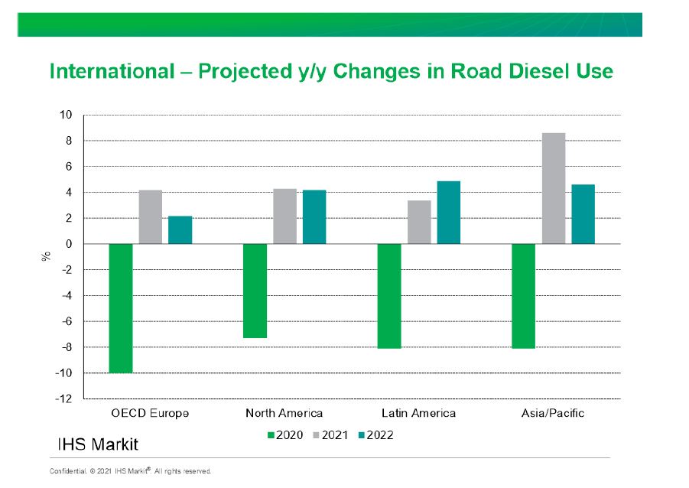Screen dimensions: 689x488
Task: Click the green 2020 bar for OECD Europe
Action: tap(121, 308)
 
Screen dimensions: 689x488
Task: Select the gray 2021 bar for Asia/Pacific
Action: tap(554, 189)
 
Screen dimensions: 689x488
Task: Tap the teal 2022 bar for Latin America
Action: tap(449, 213)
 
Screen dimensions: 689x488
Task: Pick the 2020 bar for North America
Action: tap(255, 291)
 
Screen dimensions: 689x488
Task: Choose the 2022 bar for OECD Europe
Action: tap(180, 230)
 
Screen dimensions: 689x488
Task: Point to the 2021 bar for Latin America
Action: tap(420, 223)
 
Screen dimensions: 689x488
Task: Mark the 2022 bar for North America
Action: tap(314, 217)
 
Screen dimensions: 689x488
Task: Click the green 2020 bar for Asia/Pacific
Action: tap(524, 296)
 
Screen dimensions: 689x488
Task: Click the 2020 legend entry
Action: tap(286, 435)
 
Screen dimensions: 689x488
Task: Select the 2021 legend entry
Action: tap(330, 435)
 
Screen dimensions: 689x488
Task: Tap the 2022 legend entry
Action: tap(375, 435)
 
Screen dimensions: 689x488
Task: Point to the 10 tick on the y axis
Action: tap(66, 115)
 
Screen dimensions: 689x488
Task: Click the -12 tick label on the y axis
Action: tap(63, 399)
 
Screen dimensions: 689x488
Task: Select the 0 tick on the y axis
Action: tap(69, 245)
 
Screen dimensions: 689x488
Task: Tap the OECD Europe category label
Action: tap(151, 413)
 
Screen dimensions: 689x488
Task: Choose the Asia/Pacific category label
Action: tap(553, 413)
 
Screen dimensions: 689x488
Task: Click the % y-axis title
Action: tap(46, 256)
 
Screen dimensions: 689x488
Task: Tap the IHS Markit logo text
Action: tap(98, 444)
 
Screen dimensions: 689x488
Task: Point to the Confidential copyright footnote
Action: tap(131, 471)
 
